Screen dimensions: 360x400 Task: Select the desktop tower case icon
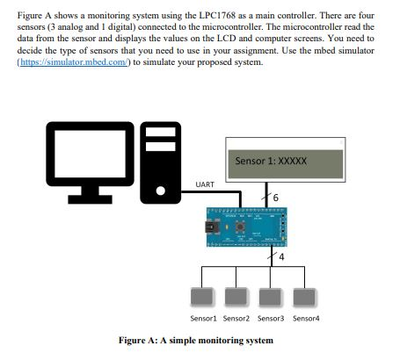[x=162, y=159]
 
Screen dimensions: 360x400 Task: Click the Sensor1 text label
[x=203, y=317]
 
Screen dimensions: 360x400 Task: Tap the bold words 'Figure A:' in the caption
[x=137, y=340]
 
